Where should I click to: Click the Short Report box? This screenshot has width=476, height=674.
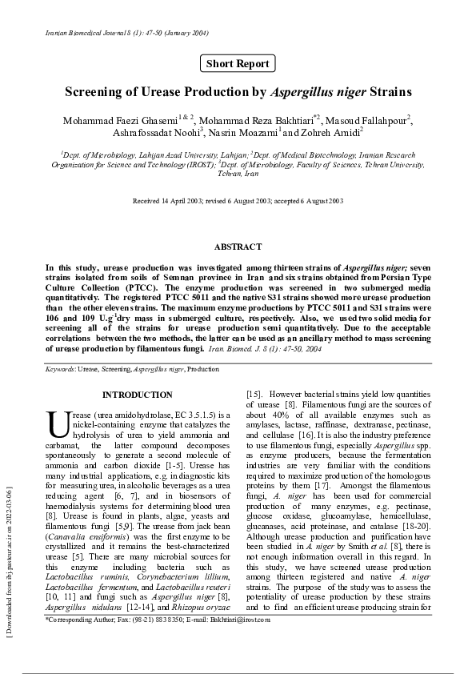[x=238, y=63]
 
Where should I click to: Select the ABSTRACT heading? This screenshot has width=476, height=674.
[x=238, y=247]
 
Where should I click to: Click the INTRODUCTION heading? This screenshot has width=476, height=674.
[x=137, y=395]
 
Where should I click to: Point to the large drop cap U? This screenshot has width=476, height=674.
[x=58, y=424]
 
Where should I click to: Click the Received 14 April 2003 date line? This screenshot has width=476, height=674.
[x=238, y=201]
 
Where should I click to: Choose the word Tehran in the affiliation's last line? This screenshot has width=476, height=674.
[x=230, y=174]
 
